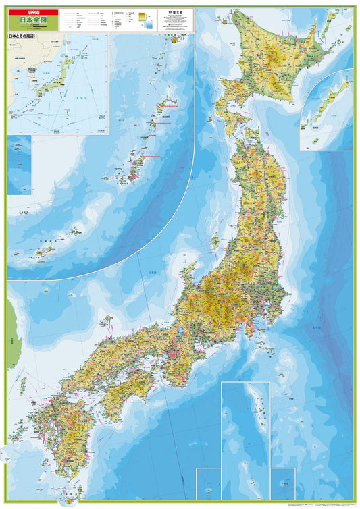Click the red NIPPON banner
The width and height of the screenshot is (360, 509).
(x=32, y=12)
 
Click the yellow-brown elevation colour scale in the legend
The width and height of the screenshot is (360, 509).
(x=142, y=16)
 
